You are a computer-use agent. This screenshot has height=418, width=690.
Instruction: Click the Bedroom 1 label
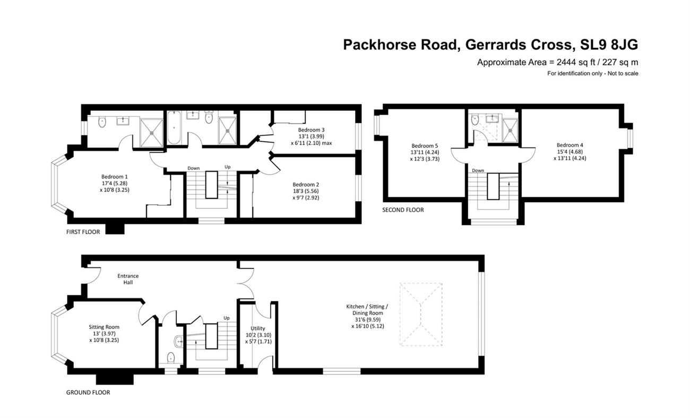click(x=114, y=177)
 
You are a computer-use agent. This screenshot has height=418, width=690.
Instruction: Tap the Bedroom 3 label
click(x=311, y=130)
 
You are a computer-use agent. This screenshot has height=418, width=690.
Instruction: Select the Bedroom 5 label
click(x=425, y=145)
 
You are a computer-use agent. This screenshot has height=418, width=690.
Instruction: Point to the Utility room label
click(x=258, y=328)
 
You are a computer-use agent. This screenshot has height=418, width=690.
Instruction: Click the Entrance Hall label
click(x=128, y=279)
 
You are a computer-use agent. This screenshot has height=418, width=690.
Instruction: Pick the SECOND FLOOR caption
click(x=403, y=210)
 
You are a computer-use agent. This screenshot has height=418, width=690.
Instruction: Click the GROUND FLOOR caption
click(x=88, y=393)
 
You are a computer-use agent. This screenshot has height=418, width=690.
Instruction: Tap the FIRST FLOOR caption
click(x=83, y=232)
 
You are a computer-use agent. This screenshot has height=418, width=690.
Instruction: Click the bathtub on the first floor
click(x=174, y=127)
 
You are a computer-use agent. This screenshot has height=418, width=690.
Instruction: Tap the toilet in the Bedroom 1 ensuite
click(x=102, y=122)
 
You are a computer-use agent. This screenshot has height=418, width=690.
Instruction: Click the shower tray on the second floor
click(x=510, y=130)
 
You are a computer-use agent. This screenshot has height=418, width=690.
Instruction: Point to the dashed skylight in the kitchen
click(x=421, y=314)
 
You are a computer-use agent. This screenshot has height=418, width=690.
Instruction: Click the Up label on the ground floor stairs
click(x=227, y=318)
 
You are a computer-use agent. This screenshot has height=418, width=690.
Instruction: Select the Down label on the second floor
click(x=478, y=170)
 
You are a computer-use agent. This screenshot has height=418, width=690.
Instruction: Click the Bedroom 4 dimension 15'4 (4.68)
click(x=570, y=152)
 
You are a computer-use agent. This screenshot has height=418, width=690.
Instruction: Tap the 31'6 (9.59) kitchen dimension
click(x=367, y=319)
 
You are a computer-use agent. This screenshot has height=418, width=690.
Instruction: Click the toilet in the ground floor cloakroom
click(x=171, y=358)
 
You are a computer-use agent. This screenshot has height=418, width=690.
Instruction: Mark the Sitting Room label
click(x=104, y=327)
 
